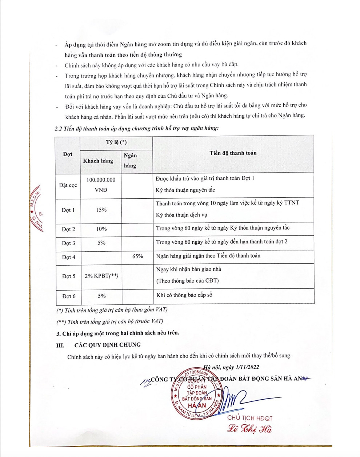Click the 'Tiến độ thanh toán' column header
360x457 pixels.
[233, 153]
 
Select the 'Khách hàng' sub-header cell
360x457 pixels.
[98, 161]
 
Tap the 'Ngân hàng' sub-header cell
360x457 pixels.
[130, 161]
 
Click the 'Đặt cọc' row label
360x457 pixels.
[68, 185]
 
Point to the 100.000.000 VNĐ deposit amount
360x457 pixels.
[101, 185]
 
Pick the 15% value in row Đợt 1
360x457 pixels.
[101, 210]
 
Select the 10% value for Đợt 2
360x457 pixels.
[101, 229]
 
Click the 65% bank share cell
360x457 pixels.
[137, 256]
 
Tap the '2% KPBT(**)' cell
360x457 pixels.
[101, 276]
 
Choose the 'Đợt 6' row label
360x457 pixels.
[68, 296]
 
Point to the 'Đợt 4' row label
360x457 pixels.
[68, 257]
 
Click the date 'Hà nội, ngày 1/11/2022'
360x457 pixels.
[231, 367]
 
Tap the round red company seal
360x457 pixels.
[197, 394]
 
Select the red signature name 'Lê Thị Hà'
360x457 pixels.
[249, 429]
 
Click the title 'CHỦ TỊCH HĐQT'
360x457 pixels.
[250, 418]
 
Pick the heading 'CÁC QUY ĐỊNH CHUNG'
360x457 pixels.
[107, 345]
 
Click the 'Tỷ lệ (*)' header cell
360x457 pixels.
[116, 142]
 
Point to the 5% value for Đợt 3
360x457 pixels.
[101, 243]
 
